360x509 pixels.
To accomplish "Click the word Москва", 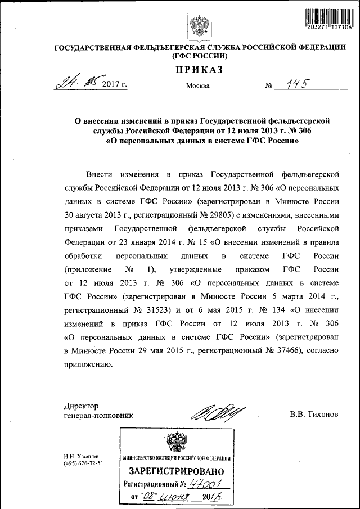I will [197, 86].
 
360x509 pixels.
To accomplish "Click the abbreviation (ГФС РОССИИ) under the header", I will [200, 56].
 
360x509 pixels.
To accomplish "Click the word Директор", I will [82, 406].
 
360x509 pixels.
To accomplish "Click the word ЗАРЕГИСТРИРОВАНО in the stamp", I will [177, 471].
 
